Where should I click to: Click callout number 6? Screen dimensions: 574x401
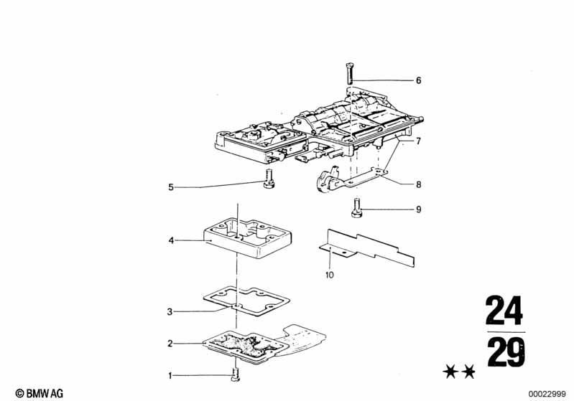[418, 80]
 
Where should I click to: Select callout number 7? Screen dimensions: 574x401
[418, 141]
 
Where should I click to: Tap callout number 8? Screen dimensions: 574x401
[418, 184]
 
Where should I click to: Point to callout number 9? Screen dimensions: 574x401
[418, 209]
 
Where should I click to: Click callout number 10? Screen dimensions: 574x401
[330, 275]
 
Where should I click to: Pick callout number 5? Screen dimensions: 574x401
[170, 187]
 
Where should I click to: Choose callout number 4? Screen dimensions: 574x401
[170, 240]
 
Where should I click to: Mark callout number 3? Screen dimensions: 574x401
[170, 312]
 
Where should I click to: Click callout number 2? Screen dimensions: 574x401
[170, 344]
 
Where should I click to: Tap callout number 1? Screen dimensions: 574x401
[170, 375]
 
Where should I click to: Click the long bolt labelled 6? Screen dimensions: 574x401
[349, 73]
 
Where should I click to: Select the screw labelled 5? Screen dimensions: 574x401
[269, 179]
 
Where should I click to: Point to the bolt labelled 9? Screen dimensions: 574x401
[356, 207]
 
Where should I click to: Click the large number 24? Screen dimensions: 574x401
[504, 311]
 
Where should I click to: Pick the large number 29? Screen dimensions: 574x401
[506, 352]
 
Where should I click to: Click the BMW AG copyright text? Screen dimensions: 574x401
[40, 393]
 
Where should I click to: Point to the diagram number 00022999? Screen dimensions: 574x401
[547, 394]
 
